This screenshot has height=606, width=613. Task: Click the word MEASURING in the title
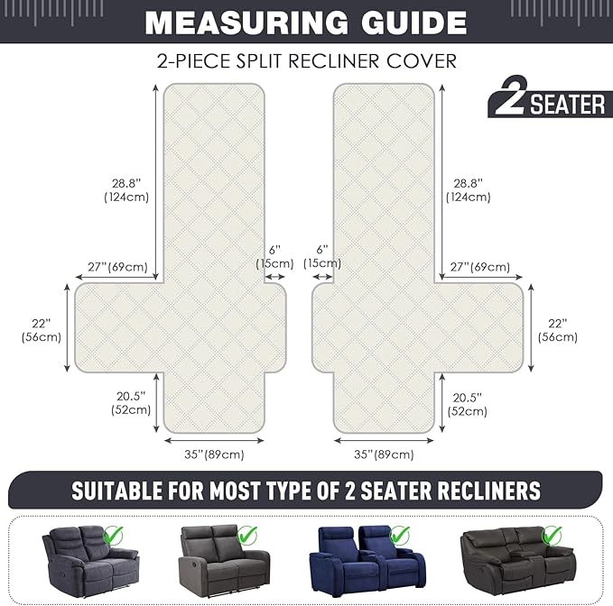pyautogui.click(x=246, y=23)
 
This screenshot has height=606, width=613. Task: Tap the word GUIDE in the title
pyautogui.click(x=414, y=23)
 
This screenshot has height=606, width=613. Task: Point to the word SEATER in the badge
pyautogui.click(x=567, y=105)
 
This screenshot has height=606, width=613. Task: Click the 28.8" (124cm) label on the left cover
pyautogui.click(x=126, y=189)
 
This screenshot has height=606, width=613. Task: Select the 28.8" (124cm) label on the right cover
pyautogui.click(x=468, y=189)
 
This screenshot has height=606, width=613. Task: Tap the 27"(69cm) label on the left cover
pyautogui.click(x=117, y=267)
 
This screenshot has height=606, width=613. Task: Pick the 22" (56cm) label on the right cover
pyautogui.click(x=558, y=330)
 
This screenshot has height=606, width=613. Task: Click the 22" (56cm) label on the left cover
pyautogui.click(x=41, y=330)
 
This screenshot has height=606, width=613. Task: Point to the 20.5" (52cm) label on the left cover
pyautogui.click(x=131, y=403)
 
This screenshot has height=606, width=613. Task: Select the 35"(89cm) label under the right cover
pyautogui.click(x=384, y=454)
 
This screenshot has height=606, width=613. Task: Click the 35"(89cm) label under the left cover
pyautogui.click(x=214, y=454)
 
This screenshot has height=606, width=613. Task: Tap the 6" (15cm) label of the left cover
pyautogui.click(x=274, y=256)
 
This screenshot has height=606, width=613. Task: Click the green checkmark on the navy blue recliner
pyautogui.click(x=399, y=535)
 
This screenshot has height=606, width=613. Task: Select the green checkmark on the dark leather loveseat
pyautogui.click(x=552, y=535)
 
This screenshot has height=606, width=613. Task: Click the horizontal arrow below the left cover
pyautogui.click(x=214, y=441)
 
